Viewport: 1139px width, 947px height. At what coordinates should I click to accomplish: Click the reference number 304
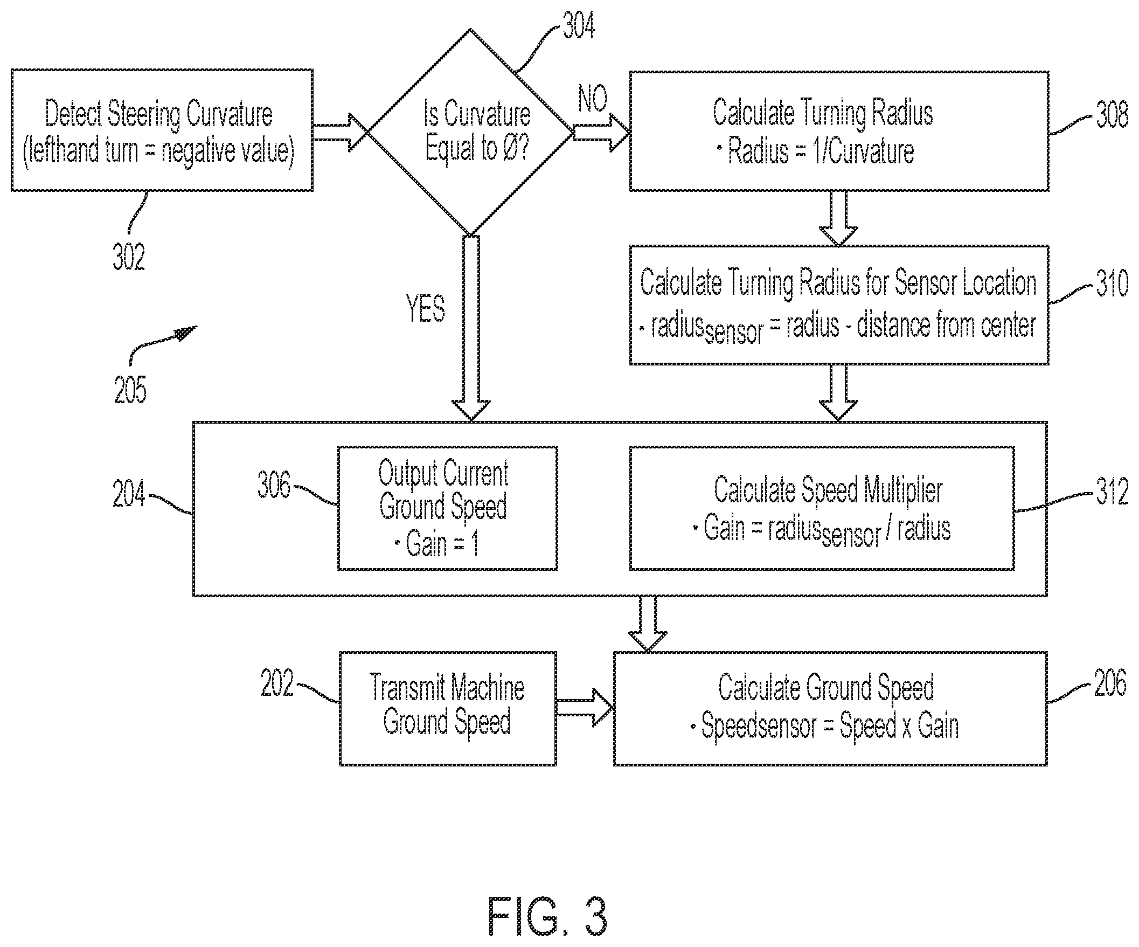tap(579, 25)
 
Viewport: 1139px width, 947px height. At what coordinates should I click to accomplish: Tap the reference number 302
tap(129, 257)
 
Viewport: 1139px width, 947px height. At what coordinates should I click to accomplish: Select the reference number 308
tap(1112, 114)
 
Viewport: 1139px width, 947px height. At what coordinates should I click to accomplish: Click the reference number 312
tap(1112, 492)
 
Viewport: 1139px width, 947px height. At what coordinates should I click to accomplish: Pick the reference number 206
tap(1110, 682)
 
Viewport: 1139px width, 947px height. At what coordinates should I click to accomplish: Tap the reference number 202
tap(277, 682)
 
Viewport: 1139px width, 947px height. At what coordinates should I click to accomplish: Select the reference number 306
tap(274, 485)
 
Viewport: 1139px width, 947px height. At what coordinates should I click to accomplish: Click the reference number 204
tap(129, 494)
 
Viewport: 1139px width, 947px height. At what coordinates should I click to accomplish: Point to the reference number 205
tap(130, 390)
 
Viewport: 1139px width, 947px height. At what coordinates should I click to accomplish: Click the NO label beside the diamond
tap(592, 99)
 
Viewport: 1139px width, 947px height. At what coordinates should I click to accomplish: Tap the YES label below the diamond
tap(426, 308)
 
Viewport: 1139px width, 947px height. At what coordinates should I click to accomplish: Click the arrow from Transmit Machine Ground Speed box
tap(585, 708)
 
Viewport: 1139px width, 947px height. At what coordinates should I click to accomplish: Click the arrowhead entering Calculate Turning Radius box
tap(620, 133)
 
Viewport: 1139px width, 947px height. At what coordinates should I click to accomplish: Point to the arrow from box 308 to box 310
tap(838, 218)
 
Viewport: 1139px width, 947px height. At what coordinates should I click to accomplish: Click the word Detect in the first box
tap(73, 114)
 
